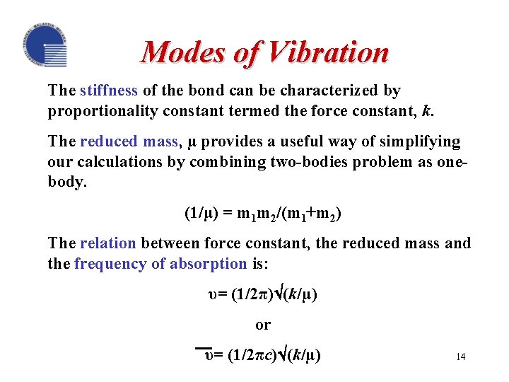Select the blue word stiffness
[109, 91]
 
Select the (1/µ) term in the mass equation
[201, 212]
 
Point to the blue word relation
[108, 243]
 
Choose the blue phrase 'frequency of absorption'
[160, 263]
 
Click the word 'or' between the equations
[263, 325]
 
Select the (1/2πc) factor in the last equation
[245, 355]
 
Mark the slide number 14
[460, 357]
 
